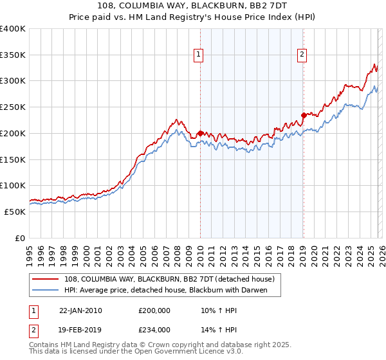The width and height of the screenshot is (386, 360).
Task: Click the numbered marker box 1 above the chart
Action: coord(199,55)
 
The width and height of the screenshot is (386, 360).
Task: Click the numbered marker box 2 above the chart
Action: coord(302,55)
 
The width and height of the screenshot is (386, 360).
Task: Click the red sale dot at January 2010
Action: coord(200,133)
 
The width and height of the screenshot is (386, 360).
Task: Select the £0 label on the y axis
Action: coord(20,238)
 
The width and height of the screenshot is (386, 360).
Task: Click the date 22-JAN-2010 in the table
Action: coord(80,310)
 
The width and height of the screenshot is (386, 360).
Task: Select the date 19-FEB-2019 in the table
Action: coord(80,329)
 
